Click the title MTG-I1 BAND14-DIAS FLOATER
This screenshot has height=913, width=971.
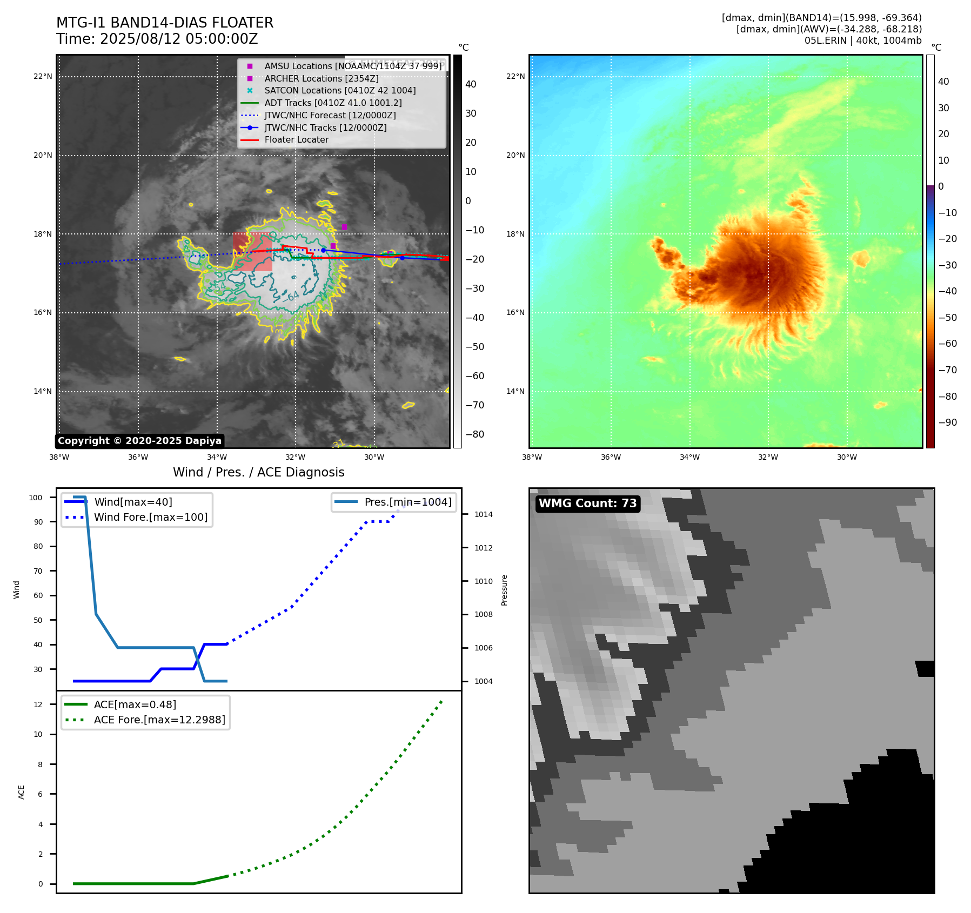(x=165, y=23)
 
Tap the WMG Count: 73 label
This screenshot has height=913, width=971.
(x=587, y=504)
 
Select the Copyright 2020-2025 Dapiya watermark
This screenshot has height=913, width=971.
(x=139, y=441)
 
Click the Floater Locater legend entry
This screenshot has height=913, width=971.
(x=296, y=140)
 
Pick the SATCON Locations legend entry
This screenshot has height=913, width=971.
(x=340, y=91)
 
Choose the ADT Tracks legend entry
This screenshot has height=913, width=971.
(x=333, y=103)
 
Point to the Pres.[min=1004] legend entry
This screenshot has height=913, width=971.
(x=407, y=502)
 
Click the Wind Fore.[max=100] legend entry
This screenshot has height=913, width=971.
(x=150, y=517)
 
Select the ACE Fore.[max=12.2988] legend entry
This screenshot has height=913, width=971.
(x=159, y=720)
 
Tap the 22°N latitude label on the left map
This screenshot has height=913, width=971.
(x=43, y=77)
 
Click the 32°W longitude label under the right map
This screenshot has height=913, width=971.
(x=768, y=458)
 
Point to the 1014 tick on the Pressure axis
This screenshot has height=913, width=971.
(x=483, y=514)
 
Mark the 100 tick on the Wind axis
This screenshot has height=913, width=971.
(x=36, y=498)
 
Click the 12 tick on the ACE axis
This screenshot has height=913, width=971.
(x=38, y=704)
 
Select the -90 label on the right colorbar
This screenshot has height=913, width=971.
(x=947, y=422)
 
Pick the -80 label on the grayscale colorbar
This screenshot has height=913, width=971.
(x=474, y=434)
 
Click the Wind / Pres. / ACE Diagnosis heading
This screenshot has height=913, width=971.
(x=258, y=472)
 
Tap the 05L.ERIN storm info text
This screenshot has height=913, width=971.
(x=862, y=41)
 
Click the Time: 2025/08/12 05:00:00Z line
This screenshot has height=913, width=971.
(x=157, y=39)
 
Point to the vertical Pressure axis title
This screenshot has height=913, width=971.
(x=504, y=590)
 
